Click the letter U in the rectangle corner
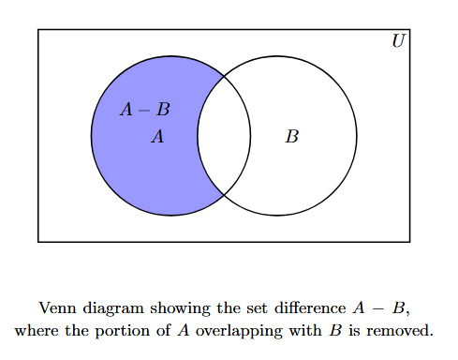[x=399, y=41]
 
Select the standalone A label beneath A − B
[x=157, y=137]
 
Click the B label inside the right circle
[x=291, y=137]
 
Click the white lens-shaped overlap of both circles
[x=224, y=135]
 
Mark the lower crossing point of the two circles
[x=224, y=195]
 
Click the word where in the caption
[x=36, y=330]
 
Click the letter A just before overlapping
[x=184, y=330]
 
